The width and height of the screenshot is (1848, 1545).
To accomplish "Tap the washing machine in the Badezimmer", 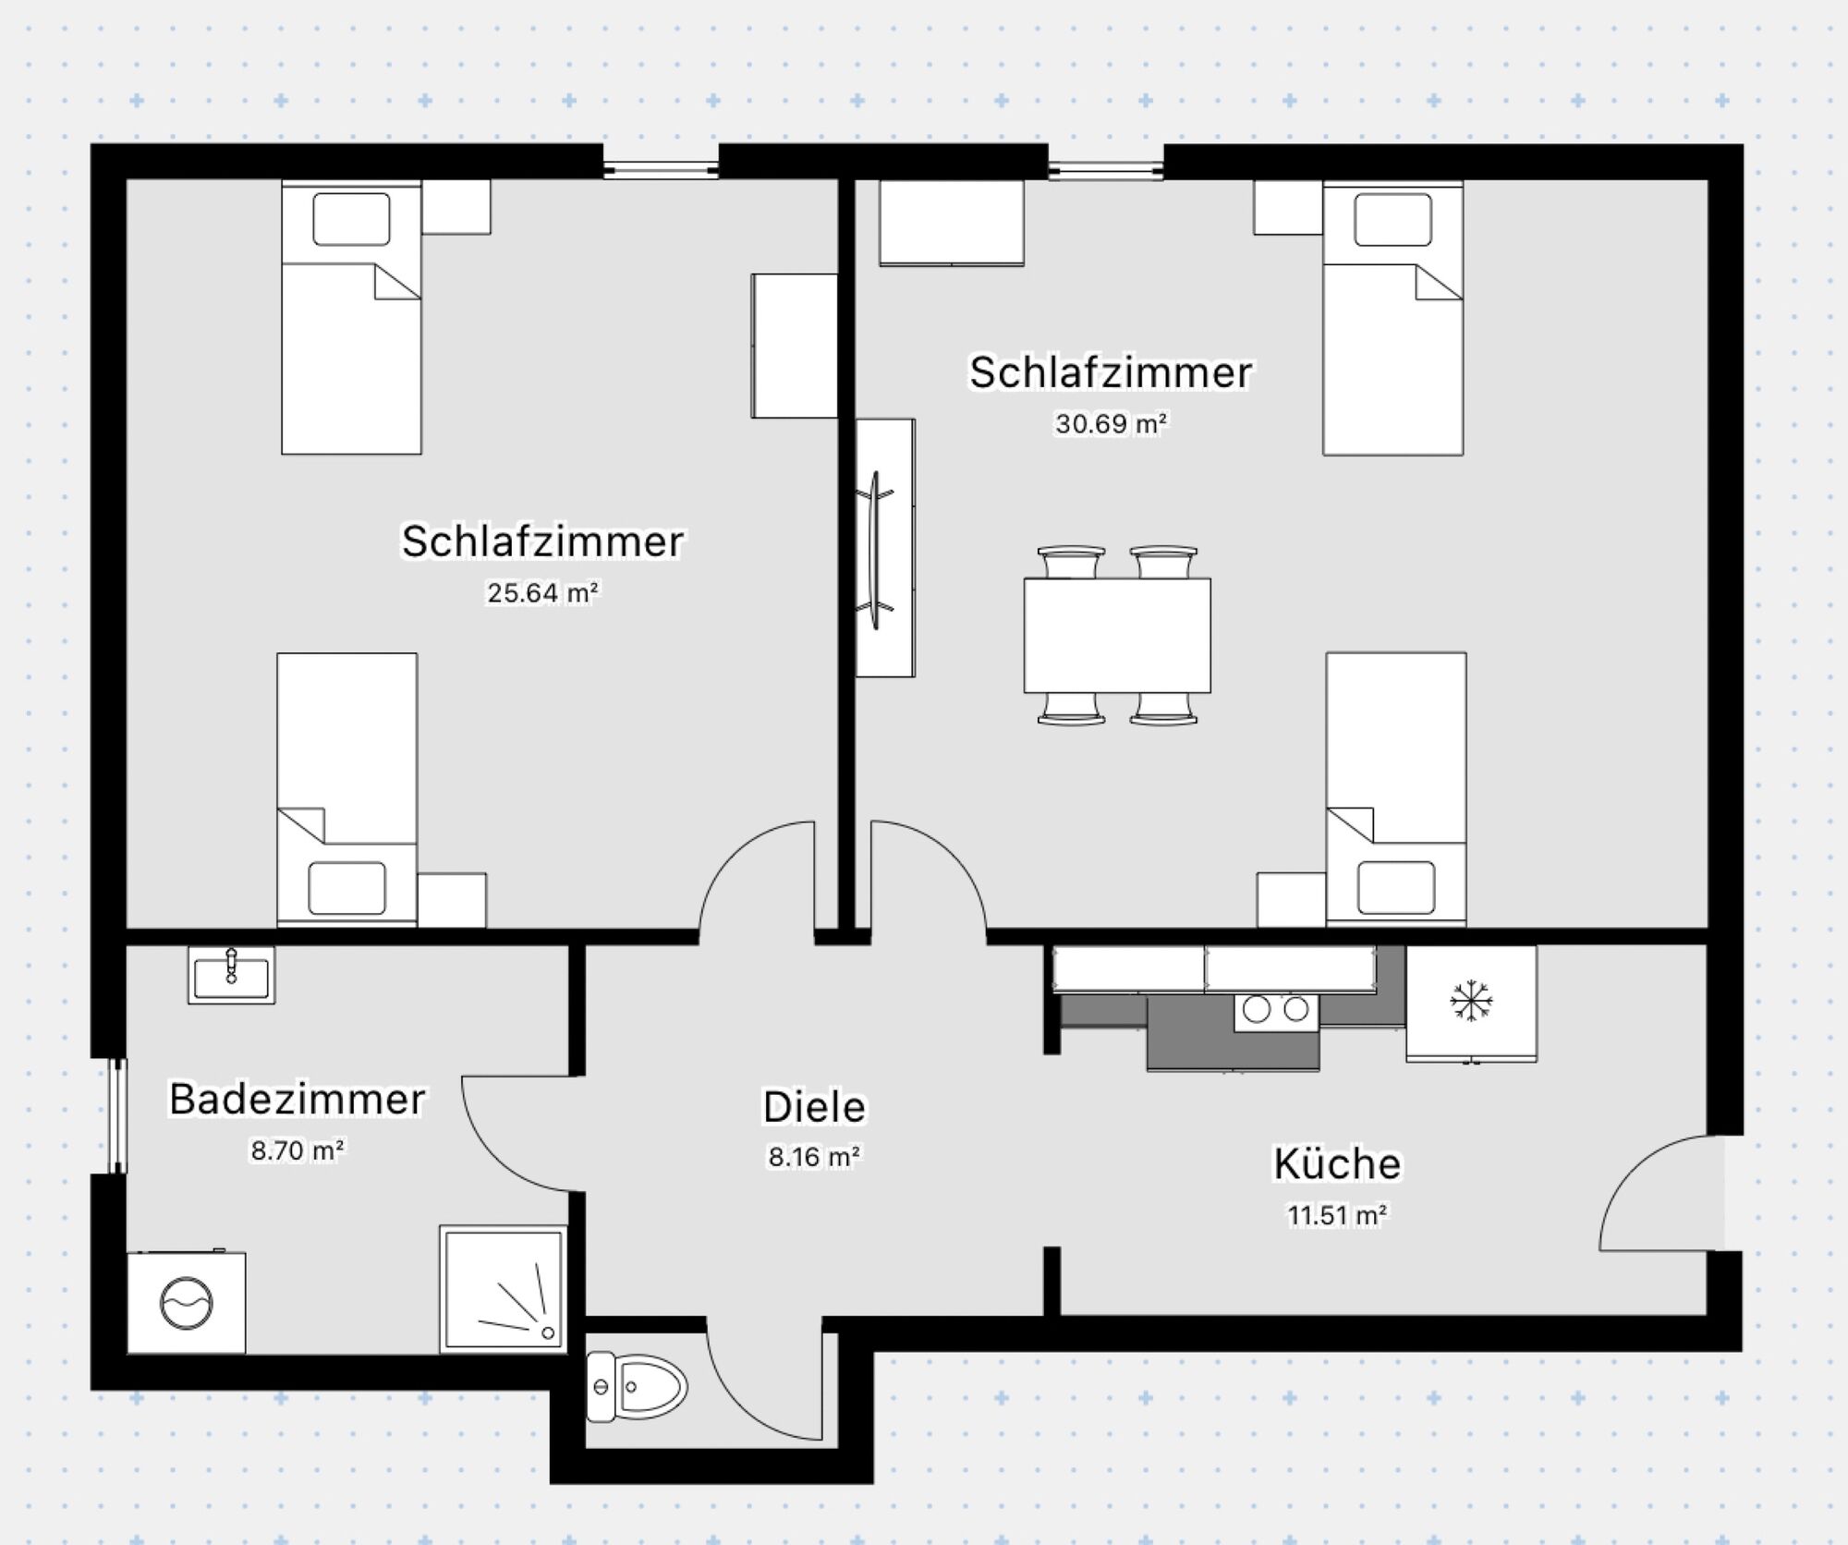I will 187,1303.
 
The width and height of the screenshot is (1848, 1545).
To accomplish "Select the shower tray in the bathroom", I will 503,1288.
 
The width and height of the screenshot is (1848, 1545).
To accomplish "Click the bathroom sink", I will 231,975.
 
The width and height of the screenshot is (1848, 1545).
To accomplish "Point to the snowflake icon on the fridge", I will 1471,1002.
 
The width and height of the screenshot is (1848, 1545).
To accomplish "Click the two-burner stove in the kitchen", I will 1276,1010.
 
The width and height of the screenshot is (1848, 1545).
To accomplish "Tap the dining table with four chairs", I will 1116,635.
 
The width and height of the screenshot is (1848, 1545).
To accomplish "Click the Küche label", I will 1336,1163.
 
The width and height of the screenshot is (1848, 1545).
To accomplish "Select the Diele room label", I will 814,1107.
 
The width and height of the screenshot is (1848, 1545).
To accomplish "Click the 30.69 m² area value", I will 1111,424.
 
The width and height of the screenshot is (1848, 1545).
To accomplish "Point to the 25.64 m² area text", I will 543,592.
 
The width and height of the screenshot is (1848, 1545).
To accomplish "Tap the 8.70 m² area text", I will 298,1150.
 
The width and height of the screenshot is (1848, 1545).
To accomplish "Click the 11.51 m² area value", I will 1337,1215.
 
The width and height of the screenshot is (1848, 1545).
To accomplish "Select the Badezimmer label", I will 297,1100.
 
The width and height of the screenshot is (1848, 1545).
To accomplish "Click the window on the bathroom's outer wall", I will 116,1116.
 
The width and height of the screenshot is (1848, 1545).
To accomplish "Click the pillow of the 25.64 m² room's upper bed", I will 351,219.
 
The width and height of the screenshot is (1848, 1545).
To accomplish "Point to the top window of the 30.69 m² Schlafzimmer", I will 1105,168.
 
